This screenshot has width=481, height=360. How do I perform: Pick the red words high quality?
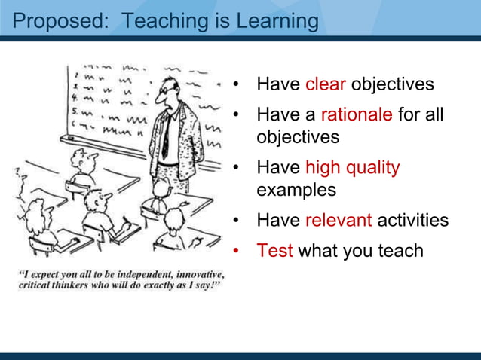[x=352, y=166]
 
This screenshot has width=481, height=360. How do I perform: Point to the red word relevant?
[x=339, y=220]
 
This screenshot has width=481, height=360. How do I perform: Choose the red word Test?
[x=274, y=250]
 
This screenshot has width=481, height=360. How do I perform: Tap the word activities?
[x=412, y=220]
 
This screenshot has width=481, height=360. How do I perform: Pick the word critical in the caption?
[x=38, y=285]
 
